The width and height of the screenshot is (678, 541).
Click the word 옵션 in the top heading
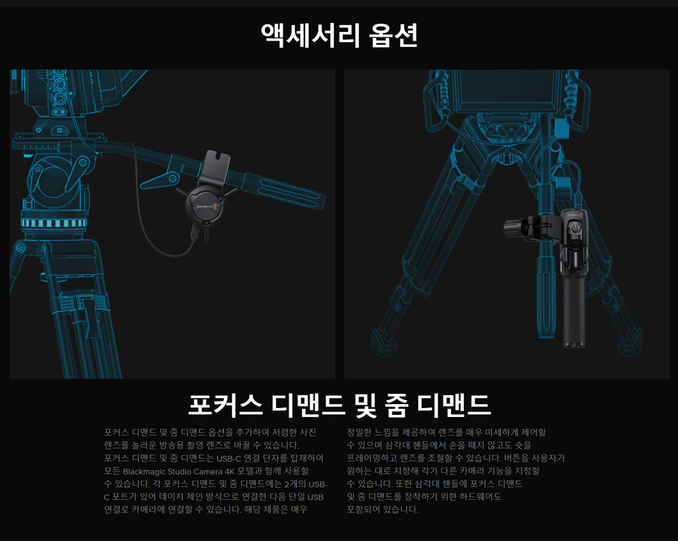point(393,35)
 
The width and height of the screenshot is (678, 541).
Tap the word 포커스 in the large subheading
point(224,404)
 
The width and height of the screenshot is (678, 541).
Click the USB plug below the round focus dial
point(195,235)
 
